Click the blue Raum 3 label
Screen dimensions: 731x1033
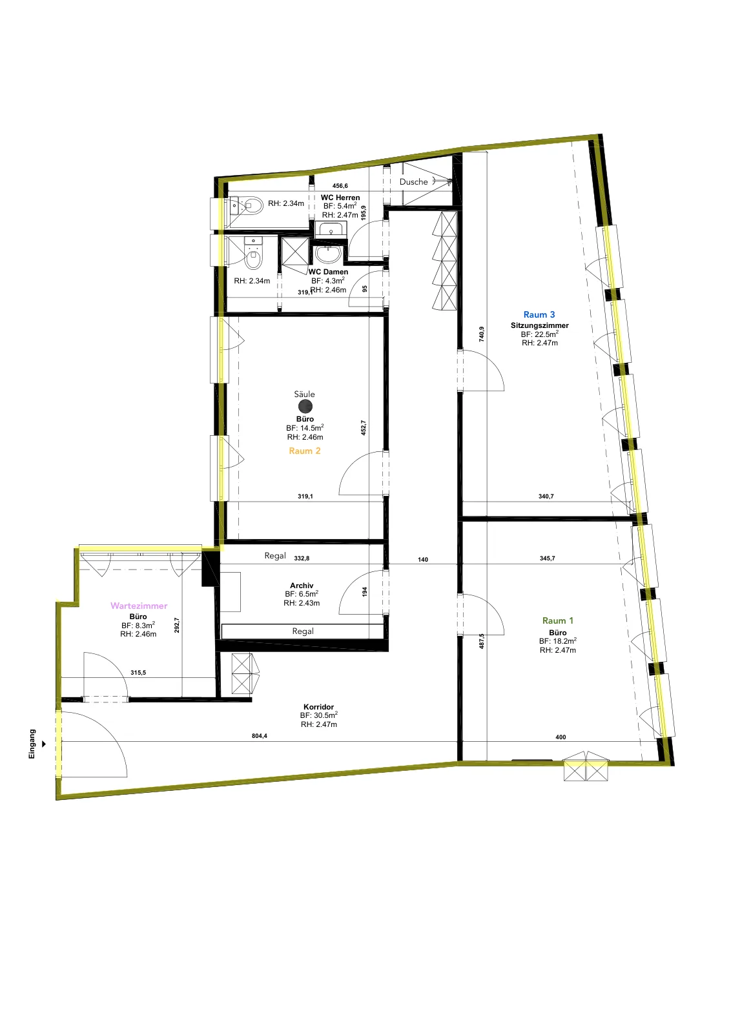[x=539, y=314]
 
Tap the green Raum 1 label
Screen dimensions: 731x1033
[x=557, y=620]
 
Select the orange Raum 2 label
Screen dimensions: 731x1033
[x=304, y=451]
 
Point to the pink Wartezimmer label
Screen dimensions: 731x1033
[x=139, y=606]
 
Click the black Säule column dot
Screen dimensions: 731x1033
[x=305, y=406]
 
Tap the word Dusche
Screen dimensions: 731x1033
[x=413, y=181]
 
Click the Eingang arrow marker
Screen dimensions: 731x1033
[x=45, y=744]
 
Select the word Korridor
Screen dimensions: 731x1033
[x=319, y=706]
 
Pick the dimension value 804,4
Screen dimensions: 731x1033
[x=259, y=735]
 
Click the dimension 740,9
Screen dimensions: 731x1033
[x=482, y=334]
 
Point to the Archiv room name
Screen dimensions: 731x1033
[x=302, y=585]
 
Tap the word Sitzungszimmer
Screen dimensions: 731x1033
[x=540, y=325]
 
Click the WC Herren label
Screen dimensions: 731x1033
[x=340, y=198]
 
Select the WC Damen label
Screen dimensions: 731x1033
[x=329, y=272]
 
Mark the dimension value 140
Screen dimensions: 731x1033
[x=423, y=559]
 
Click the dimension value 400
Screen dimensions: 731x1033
[x=561, y=737]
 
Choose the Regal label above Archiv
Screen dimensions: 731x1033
[x=275, y=556]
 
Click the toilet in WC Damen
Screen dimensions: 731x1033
[x=252, y=254]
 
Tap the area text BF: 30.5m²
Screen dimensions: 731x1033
[x=319, y=715]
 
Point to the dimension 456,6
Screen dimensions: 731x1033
[x=340, y=186]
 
